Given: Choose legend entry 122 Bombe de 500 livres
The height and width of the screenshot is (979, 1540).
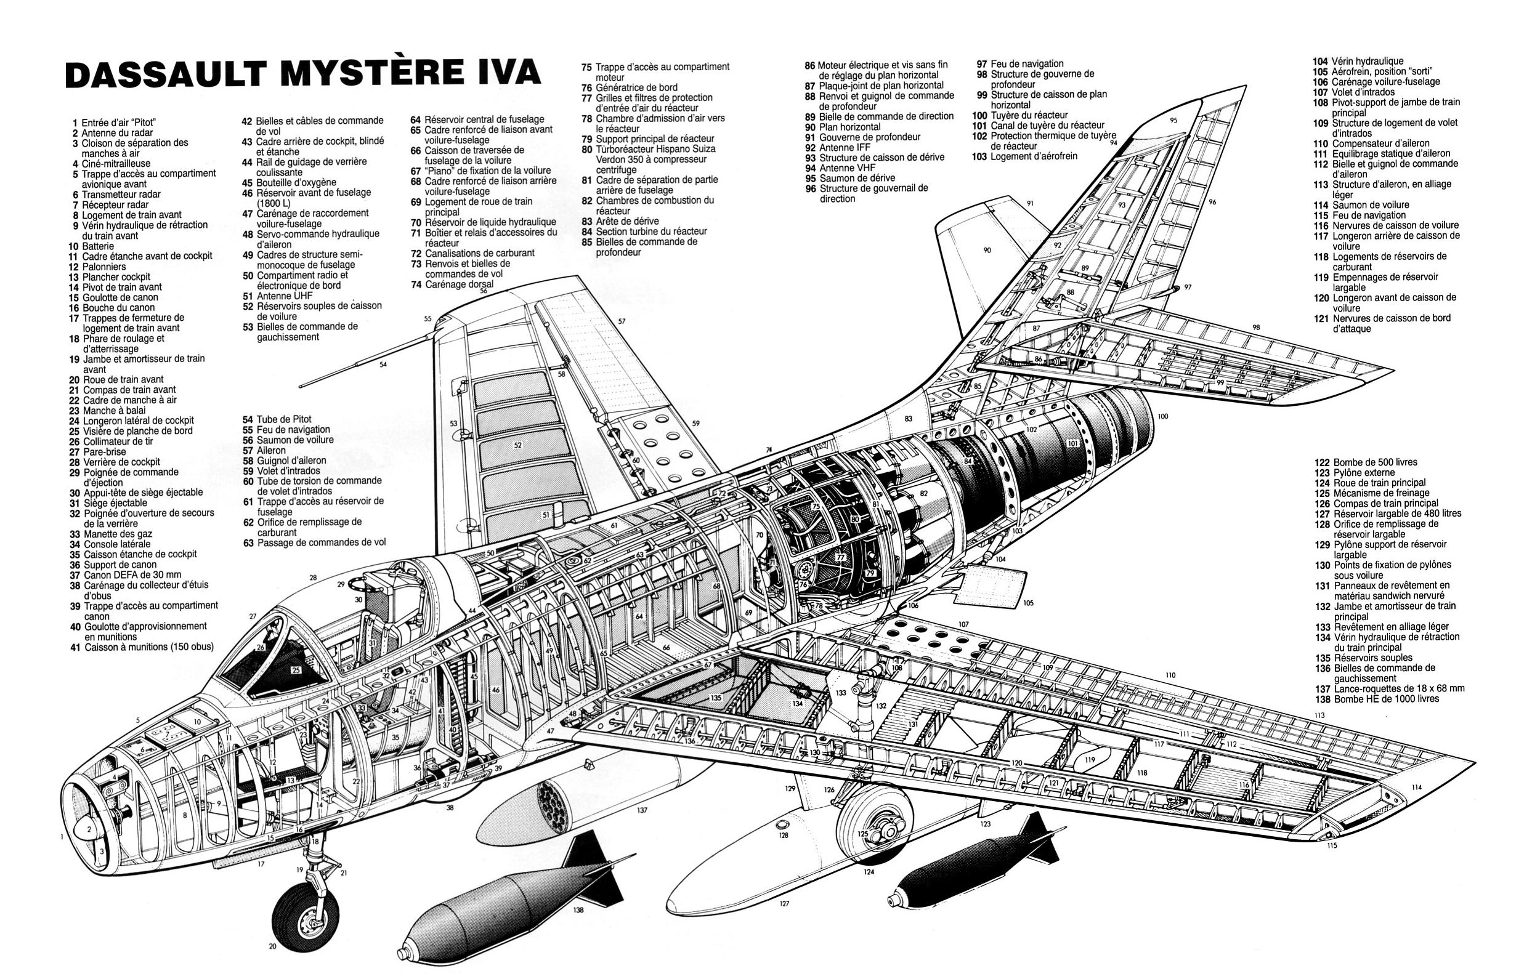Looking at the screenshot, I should point(1366,462).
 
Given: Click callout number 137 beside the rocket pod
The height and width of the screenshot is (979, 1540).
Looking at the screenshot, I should point(642,810).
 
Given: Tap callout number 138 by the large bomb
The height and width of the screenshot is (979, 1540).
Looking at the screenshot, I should point(578,910).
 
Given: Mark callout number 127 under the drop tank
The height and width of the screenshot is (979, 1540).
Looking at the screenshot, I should point(784,903).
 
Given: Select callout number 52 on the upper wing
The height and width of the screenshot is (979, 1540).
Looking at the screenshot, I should point(517,445).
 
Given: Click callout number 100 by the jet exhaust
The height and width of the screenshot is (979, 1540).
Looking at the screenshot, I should point(1162,416).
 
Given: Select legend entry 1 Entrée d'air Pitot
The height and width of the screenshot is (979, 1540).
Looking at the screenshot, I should point(115,123).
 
